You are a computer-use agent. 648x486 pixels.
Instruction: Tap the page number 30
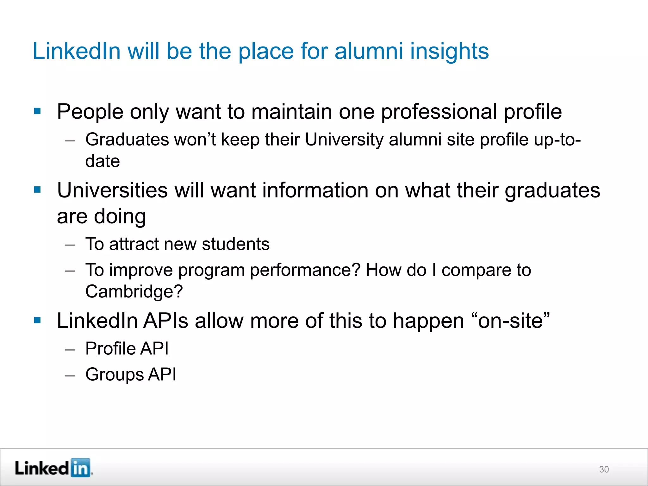604,469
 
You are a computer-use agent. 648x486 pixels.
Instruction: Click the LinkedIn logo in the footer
53,468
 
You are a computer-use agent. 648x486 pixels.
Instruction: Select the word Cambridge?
134,291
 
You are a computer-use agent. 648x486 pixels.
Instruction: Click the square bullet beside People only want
37,111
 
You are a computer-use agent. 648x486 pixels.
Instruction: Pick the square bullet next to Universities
37,190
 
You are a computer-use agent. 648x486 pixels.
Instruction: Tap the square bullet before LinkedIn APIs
37,320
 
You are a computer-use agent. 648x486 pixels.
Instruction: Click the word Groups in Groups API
114,375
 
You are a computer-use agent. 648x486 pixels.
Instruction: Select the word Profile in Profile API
110,349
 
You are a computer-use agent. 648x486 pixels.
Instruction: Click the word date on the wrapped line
103,161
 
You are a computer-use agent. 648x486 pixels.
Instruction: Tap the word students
236,244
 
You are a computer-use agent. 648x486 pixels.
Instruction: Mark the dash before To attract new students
70,245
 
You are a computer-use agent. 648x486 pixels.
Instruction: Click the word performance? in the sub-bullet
305,270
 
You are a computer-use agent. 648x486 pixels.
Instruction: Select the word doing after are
120,216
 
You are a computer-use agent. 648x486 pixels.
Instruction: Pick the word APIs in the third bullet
166,321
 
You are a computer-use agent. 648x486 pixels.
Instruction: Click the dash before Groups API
70,376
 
